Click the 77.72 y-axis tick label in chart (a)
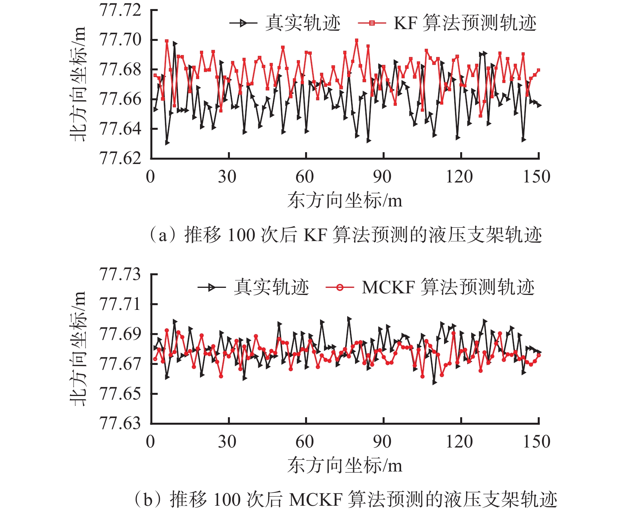120,10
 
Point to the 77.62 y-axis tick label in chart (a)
120,158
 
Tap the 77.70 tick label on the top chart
120,40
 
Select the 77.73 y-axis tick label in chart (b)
120,274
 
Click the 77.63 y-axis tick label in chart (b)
120,423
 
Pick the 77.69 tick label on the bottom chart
120,334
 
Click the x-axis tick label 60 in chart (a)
305,177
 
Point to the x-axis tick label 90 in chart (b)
382,442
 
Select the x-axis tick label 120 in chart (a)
459,177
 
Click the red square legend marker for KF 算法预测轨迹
372,23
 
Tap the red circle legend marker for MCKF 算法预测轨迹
340,287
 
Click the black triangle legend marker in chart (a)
243,23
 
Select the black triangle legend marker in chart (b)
211,287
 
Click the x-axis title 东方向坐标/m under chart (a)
345,201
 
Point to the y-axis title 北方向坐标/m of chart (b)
78,348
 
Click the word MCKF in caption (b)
316,500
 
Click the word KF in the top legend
405,23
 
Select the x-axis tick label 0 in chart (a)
150,177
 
